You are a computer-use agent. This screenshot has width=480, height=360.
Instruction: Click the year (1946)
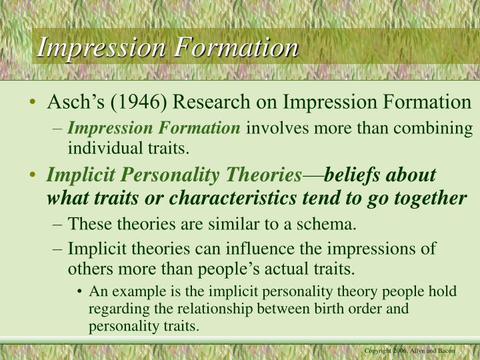[140, 103]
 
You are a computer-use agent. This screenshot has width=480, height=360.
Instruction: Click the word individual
[100, 147]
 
